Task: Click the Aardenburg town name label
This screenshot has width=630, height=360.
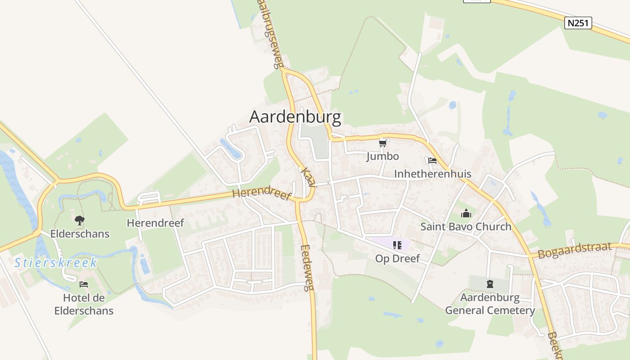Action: pyautogui.click(x=295, y=117)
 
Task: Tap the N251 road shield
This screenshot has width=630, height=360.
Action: pyautogui.click(x=578, y=23)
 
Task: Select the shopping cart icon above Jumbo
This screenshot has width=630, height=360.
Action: pyautogui.click(x=382, y=143)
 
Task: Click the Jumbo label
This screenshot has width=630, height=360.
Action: pyautogui.click(x=382, y=156)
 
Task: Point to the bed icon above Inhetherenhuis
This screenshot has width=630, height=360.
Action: pyautogui.click(x=432, y=161)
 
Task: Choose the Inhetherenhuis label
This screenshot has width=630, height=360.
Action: pyautogui.click(x=432, y=174)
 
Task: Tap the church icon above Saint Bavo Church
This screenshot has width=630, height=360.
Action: pyautogui.click(x=466, y=213)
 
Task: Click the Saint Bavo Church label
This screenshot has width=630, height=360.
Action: pyautogui.click(x=466, y=226)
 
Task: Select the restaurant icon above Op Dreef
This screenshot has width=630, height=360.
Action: pyautogui.click(x=397, y=245)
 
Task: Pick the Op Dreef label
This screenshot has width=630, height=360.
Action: pyautogui.click(x=397, y=258)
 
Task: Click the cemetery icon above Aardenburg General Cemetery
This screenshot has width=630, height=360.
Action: pyautogui.click(x=490, y=284)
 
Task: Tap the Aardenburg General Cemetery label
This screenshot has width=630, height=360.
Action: pyautogui.click(x=490, y=304)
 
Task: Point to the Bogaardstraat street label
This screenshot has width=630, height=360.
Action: pyautogui.click(x=575, y=250)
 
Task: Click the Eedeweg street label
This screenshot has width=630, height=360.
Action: pyautogui.click(x=307, y=268)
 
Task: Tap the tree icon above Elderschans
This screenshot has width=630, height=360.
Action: pyautogui.click(x=80, y=220)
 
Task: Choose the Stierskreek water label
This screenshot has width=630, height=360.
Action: pyautogui.click(x=56, y=263)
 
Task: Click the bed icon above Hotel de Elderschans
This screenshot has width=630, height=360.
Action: pyautogui.click(x=84, y=284)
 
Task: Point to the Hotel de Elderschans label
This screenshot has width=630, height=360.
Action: pyautogui.click(x=84, y=304)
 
